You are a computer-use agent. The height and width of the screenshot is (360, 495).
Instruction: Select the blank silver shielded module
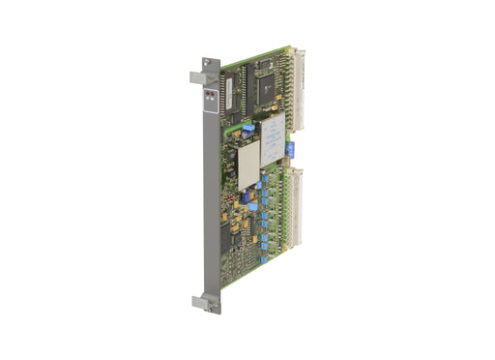(248, 164)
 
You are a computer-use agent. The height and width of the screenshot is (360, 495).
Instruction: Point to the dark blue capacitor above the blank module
(247, 128)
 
